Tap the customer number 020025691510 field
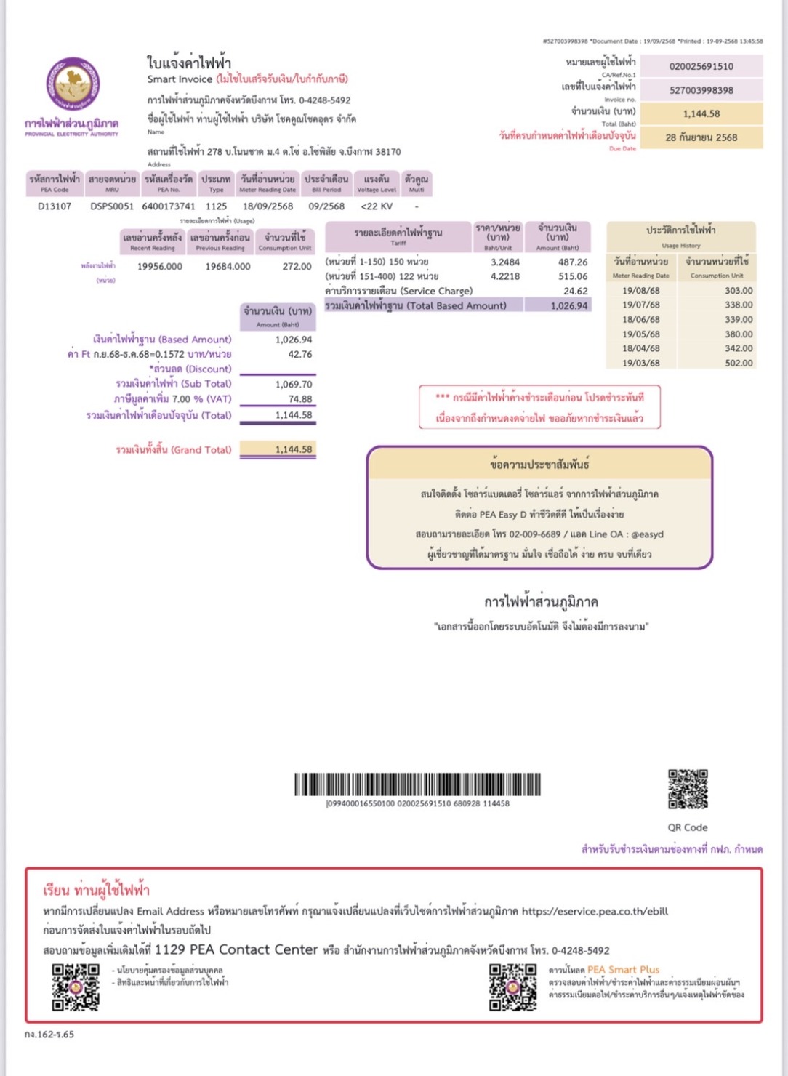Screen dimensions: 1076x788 point(701,66)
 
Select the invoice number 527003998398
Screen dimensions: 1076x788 point(701,90)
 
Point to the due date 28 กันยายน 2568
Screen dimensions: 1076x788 point(701,137)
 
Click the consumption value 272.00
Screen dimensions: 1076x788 point(297,267)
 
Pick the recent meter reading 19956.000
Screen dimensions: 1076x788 point(160,267)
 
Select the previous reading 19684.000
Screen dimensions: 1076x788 point(228,267)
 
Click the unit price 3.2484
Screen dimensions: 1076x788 point(505,262)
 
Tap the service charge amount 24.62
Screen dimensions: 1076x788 point(575,292)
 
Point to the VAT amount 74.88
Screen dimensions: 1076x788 point(299,399)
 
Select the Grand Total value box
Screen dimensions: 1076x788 point(278,450)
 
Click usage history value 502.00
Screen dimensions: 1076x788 point(738,364)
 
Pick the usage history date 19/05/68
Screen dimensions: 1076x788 point(641,334)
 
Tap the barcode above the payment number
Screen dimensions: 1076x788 point(418,784)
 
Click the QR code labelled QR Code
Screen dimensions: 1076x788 point(688,789)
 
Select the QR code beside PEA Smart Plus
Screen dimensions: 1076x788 point(512,987)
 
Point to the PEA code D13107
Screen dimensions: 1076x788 point(55,206)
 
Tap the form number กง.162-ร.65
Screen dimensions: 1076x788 point(49,1035)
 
